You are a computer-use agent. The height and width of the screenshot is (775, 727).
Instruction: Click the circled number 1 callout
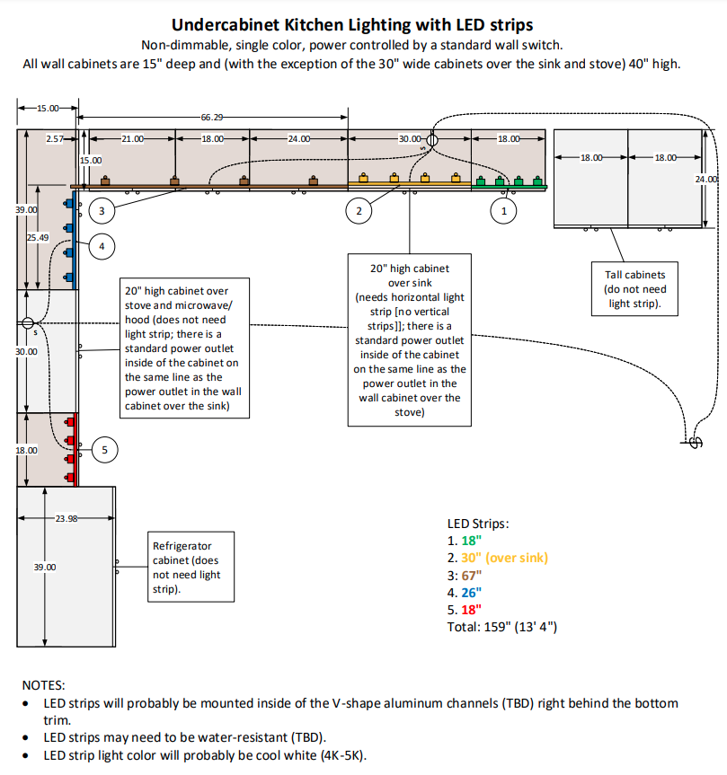click(x=503, y=211)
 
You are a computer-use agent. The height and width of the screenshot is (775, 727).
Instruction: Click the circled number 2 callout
click(x=359, y=211)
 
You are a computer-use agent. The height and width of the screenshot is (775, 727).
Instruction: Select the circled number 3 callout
click(x=102, y=211)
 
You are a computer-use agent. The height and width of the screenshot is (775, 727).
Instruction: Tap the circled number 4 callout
click(x=102, y=245)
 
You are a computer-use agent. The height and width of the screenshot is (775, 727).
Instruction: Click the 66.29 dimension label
click(x=213, y=117)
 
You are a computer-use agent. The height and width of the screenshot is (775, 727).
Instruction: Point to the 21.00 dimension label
click(x=133, y=139)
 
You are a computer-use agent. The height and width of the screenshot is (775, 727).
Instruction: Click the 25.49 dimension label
click(x=38, y=237)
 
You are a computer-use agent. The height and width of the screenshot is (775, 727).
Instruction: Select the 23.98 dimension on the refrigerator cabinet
click(x=66, y=518)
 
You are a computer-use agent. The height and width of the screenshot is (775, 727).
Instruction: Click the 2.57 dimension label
click(x=56, y=139)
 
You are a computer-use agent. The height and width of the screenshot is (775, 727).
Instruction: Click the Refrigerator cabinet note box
click(x=191, y=567)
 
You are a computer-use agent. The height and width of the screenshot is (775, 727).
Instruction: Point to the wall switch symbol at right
click(x=694, y=441)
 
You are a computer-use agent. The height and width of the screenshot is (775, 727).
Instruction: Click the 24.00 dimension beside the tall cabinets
click(x=707, y=180)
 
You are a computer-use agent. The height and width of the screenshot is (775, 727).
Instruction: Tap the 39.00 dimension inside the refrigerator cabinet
click(x=45, y=567)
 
